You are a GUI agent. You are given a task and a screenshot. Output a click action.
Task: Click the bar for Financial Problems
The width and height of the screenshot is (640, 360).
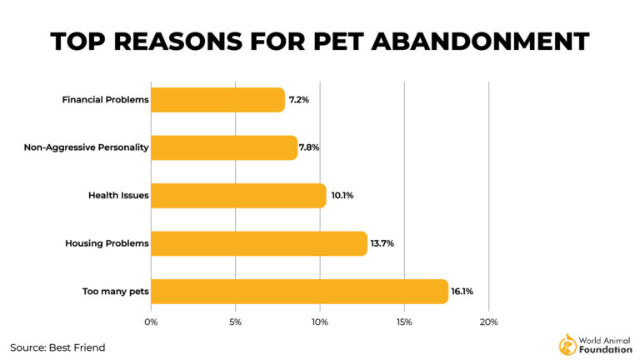[x=217, y=100]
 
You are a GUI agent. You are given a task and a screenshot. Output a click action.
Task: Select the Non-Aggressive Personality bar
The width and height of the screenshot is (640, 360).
[x=223, y=147]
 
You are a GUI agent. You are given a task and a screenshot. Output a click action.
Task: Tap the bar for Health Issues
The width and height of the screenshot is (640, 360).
[x=238, y=196]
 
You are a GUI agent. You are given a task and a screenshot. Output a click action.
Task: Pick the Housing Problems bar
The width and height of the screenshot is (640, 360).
[x=258, y=243]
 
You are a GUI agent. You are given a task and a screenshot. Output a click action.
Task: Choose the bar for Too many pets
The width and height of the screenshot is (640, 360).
[x=299, y=292]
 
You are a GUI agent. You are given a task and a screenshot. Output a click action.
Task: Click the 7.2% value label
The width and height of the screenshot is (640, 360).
[x=299, y=100]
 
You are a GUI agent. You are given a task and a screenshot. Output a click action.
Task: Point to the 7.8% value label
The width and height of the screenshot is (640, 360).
[x=309, y=147]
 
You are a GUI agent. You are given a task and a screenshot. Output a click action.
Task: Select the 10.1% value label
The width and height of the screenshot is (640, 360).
[x=340, y=196]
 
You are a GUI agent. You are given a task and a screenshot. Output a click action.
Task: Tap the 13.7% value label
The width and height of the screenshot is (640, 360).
[x=381, y=243]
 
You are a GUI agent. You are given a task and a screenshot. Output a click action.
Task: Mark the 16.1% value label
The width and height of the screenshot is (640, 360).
[x=462, y=292]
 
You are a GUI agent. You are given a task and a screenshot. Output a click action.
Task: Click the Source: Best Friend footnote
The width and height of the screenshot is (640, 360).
[x=57, y=347]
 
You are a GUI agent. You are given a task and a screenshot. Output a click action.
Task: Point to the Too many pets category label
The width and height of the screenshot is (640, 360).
[x=115, y=292]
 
